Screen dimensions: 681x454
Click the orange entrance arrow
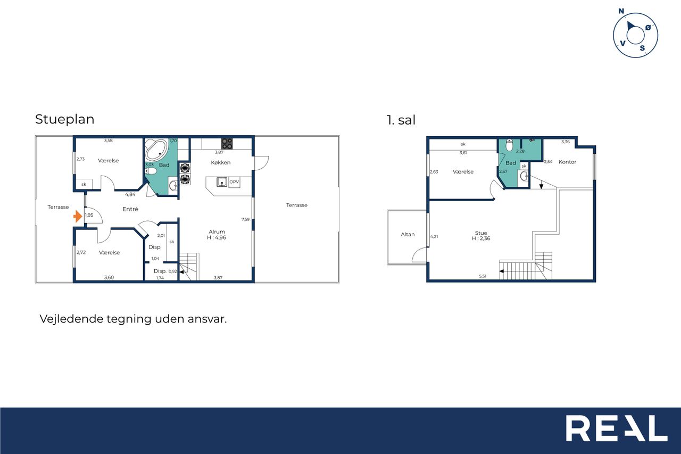78,217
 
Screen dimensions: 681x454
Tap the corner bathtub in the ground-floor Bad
156,150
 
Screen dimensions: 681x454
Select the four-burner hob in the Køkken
227,144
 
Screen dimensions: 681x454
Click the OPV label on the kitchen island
234,182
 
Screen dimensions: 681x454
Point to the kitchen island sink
222,182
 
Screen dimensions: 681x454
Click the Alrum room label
217,232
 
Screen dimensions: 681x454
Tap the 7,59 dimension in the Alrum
245,219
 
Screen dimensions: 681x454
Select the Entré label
130,209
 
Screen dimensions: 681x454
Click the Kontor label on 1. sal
567,162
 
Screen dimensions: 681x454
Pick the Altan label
408,234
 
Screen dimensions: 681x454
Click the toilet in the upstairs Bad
509,145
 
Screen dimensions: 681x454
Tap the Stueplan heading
65,119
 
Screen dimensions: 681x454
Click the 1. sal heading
401,120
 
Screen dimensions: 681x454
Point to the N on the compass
621,11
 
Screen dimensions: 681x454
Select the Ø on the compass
648,28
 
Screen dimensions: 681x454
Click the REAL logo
617,428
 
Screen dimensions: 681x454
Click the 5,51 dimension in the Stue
483,276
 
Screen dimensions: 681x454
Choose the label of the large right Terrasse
297,205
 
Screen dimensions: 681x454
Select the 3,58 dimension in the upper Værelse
108,141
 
